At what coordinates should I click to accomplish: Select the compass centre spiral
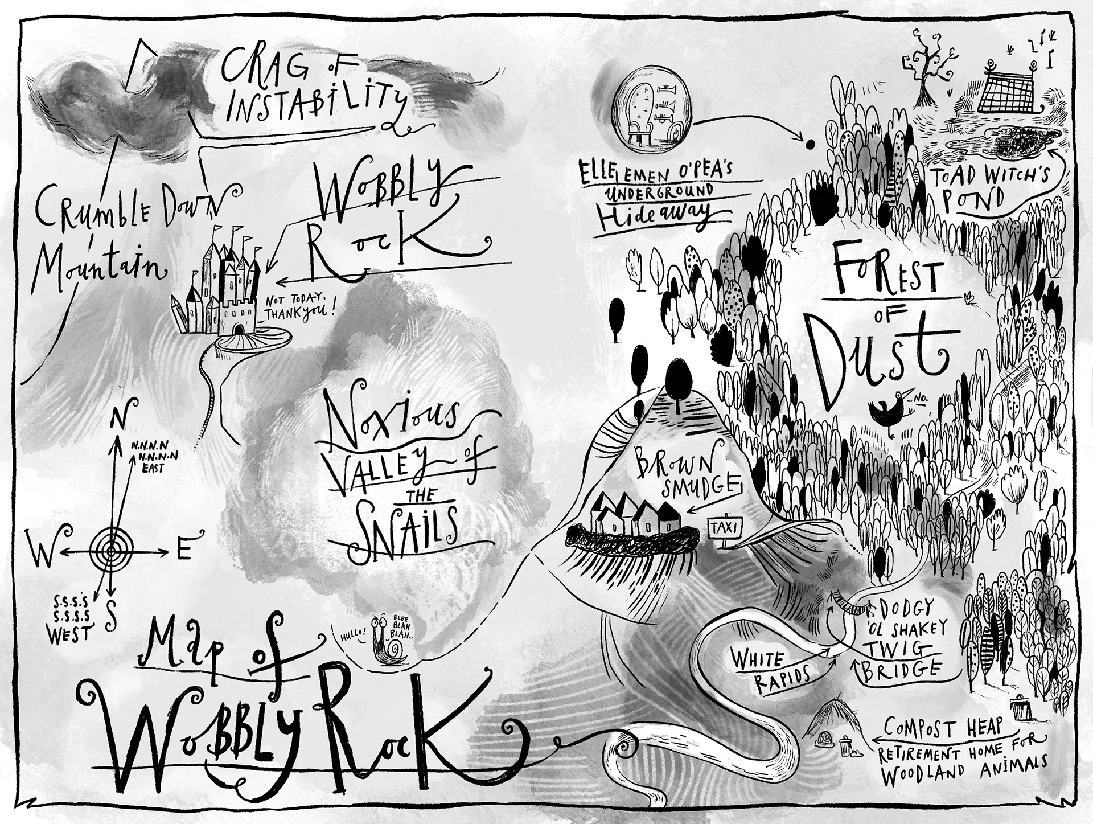pyautogui.click(x=110, y=550)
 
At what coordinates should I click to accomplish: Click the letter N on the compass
pyautogui.click(x=117, y=419)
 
